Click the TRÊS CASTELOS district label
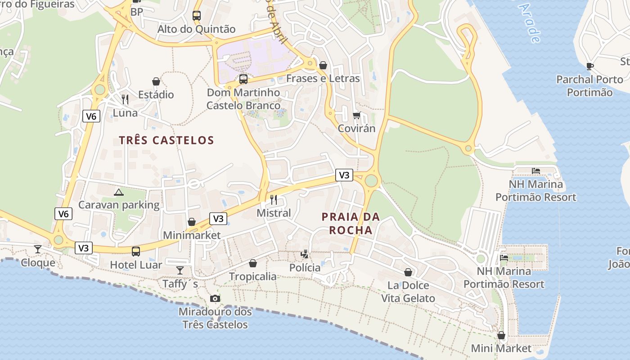166,140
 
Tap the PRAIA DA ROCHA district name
351,223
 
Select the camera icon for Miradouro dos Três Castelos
215,298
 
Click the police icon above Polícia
305,254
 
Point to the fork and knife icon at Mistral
274,199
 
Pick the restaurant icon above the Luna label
125,99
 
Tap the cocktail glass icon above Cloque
38,249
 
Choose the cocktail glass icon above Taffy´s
180,270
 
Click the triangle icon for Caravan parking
119,193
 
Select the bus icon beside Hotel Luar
135,251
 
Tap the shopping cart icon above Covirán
356,115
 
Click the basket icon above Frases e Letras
323,65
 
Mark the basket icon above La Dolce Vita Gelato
408,272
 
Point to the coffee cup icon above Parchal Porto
589,67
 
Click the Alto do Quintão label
196,29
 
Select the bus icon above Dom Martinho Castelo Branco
243,79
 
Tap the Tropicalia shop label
253,276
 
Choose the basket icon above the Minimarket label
191,222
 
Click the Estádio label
156,94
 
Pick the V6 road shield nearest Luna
91,117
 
